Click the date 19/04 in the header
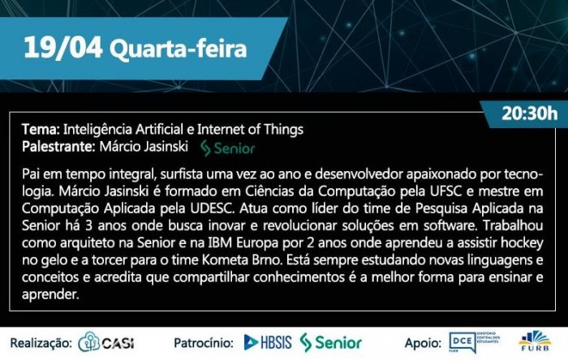pyautogui.click(x=62, y=48)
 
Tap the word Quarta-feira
pyautogui.click(x=179, y=49)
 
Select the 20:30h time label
pyautogui.click(x=530, y=114)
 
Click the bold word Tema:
pyautogui.click(x=41, y=129)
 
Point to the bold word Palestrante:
pyautogui.click(x=58, y=147)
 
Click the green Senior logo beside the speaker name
pyautogui.click(x=228, y=148)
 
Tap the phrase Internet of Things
pyautogui.click(x=250, y=129)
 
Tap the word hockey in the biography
pyautogui.click(x=522, y=243)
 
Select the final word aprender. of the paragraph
pyautogui.click(x=50, y=294)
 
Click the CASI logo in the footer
pyautogui.click(x=106, y=342)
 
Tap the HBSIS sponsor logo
pyautogui.click(x=268, y=342)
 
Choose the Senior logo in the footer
pyautogui.click(x=331, y=343)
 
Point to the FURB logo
pyautogui.click(x=535, y=341)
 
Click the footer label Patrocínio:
pyautogui.click(x=204, y=343)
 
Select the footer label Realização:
pyautogui.click(x=41, y=343)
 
